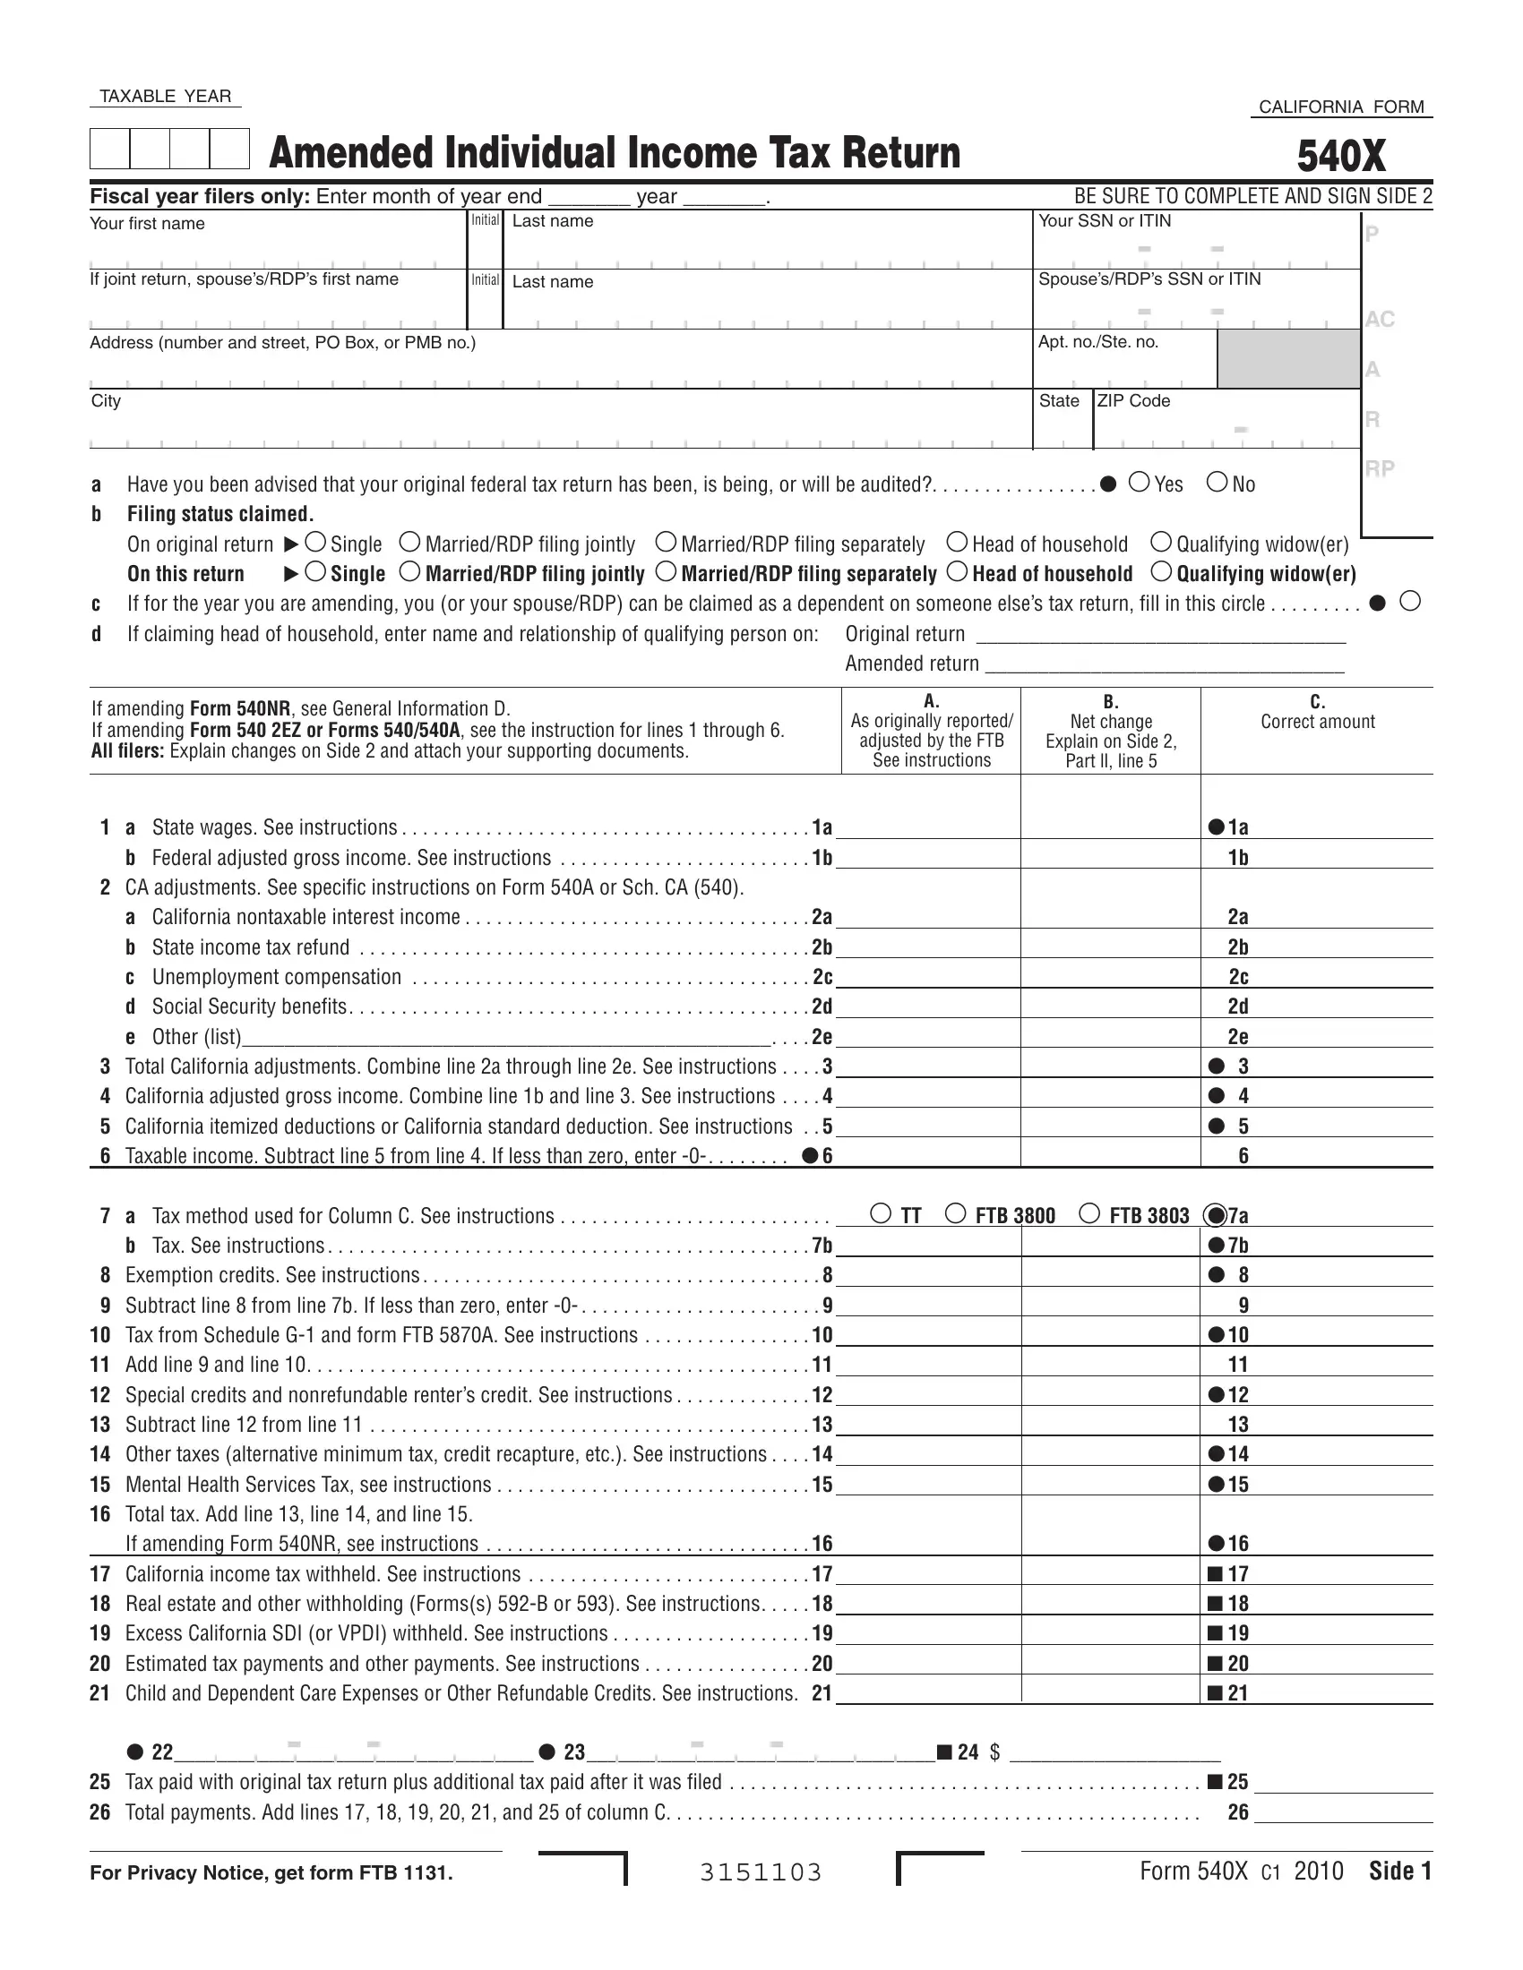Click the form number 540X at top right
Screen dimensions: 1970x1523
click(1341, 156)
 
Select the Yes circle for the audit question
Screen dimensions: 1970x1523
click(1140, 483)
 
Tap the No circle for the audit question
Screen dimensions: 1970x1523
click(1218, 483)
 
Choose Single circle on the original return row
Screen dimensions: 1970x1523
click(315, 542)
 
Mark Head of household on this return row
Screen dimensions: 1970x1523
click(958, 572)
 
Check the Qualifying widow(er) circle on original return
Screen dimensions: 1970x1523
click(1161, 542)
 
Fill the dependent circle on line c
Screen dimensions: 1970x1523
click(1410, 602)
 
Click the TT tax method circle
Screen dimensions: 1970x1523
click(881, 1213)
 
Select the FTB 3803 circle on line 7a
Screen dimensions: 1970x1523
click(1090, 1213)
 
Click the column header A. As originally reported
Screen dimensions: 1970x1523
click(931, 731)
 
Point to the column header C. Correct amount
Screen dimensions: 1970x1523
click(1317, 713)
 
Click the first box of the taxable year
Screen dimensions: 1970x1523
click(109, 149)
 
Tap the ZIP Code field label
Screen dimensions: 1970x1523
click(1133, 400)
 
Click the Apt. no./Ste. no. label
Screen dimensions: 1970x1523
click(1098, 342)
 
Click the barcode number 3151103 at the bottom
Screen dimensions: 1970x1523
click(761, 1873)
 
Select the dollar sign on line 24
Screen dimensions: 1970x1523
click(994, 1752)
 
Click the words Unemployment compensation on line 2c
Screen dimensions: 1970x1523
click(276, 977)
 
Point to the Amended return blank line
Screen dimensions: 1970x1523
click(1164, 664)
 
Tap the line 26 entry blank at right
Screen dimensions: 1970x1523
click(1343, 1812)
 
